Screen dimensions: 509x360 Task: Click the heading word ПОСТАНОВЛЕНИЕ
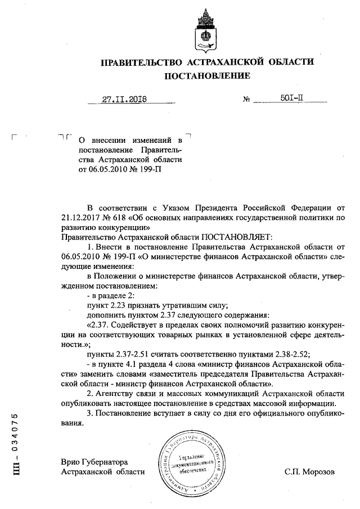tap(206, 75)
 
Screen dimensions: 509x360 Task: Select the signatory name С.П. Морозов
tap(309, 472)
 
